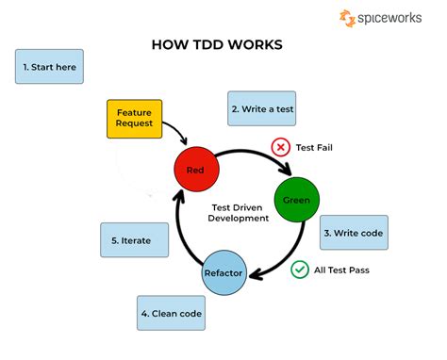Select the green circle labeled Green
coord(296,200)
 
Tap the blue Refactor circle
coord(224,273)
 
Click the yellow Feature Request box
coord(133,119)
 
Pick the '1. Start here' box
coord(49,67)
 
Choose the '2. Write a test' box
coord(263,108)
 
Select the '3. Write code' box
coord(354,232)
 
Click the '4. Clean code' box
coord(171,313)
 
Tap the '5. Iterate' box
coord(138,240)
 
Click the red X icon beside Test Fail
coord(280,147)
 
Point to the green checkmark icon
coord(300,270)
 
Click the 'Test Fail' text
coord(315,148)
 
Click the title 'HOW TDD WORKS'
coord(217,44)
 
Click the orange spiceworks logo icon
coord(348,18)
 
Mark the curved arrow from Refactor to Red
coord(182,231)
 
